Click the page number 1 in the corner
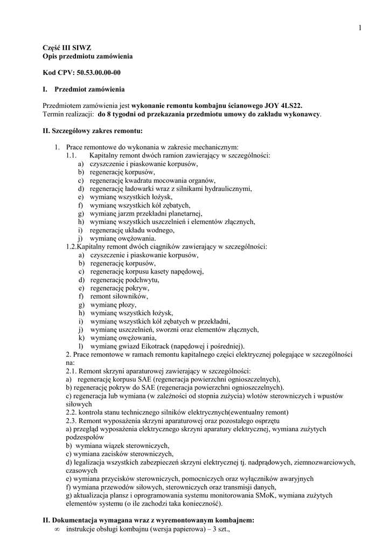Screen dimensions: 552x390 click(x=358, y=28)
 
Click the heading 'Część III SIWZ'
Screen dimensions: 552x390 click(x=63, y=48)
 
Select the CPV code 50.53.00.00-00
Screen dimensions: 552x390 click(x=99, y=72)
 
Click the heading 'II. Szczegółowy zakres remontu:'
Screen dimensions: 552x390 click(x=93, y=130)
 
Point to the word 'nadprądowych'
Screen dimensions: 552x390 click(x=273, y=462)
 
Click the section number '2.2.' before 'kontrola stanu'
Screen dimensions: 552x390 click(x=73, y=412)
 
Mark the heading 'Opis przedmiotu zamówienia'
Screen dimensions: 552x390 click(x=87, y=56)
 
